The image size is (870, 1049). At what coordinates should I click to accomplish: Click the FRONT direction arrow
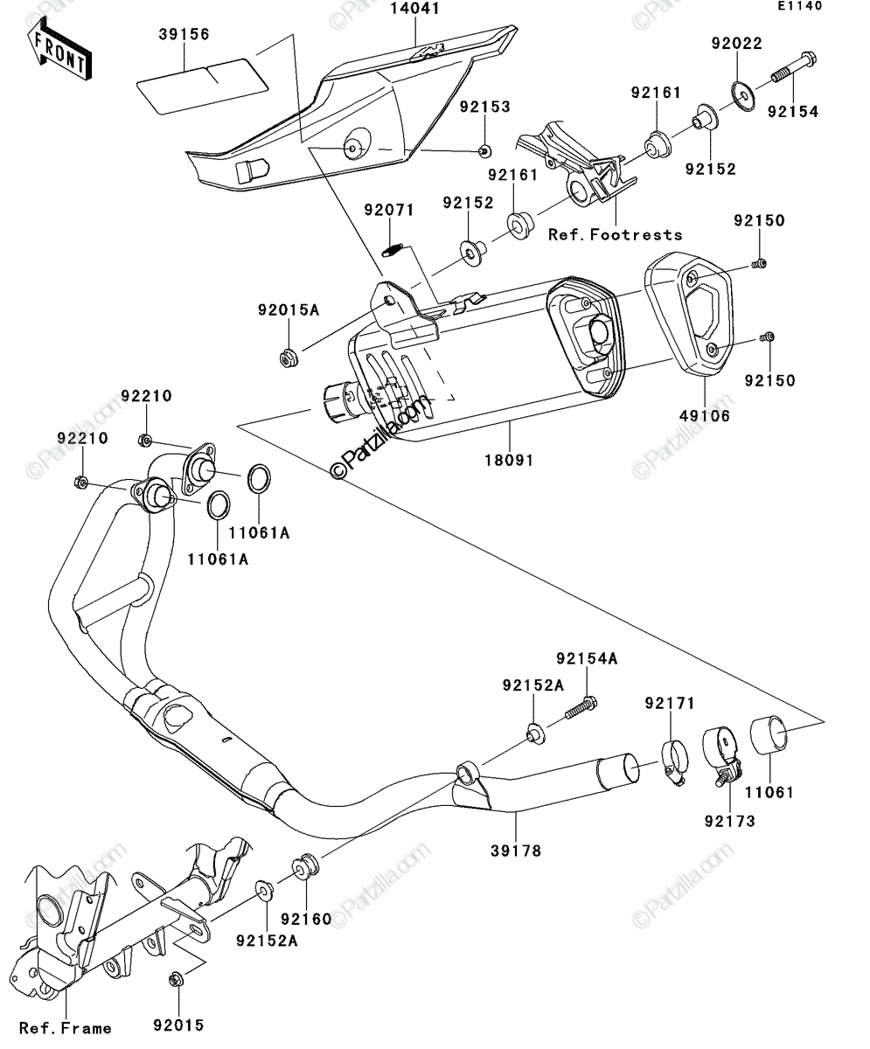(59, 49)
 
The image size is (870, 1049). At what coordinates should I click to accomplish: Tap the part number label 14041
(415, 9)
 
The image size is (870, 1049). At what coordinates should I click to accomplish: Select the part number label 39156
(184, 34)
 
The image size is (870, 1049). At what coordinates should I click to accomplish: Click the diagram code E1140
(800, 5)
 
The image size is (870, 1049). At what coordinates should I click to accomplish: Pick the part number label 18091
(509, 460)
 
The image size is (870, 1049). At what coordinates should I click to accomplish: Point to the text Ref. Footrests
(616, 234)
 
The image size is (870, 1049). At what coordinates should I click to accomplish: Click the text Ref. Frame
(66, 1028)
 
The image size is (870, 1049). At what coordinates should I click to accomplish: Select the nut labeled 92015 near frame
(177, 979)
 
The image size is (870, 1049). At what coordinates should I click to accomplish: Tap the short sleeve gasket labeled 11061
(769, 734)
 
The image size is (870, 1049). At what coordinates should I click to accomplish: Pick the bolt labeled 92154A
(581, 707)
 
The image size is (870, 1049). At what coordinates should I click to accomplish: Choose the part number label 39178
(516, 851)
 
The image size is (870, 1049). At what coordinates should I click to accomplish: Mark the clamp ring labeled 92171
(673, 762)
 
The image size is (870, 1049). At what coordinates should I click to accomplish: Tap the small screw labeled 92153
(485, 150)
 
